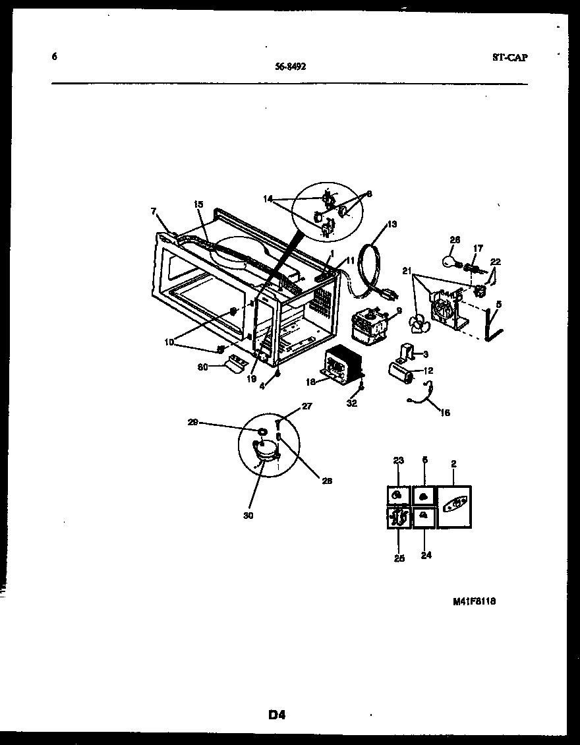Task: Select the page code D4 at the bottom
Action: (276, 714)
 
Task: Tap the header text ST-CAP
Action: (509, 57)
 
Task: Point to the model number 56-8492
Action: (290, 66)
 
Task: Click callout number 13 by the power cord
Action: (392, 225)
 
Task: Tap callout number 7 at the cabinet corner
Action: (154, 212)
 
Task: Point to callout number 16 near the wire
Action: (445, 413)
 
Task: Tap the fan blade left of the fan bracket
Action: (417, 322)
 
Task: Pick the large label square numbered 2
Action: (454, 506)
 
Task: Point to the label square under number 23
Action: (398, 496)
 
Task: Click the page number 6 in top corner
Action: (54, 57)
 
